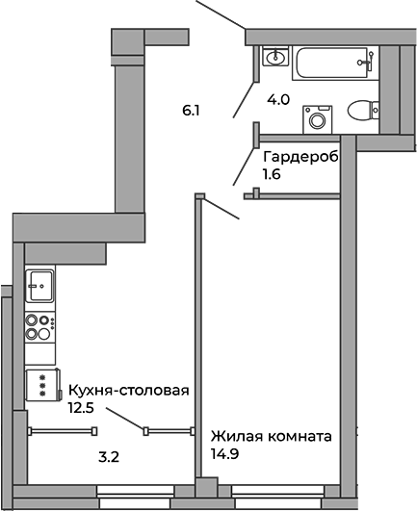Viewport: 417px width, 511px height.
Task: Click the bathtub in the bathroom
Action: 335,63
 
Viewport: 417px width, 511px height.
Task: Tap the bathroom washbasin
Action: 275,57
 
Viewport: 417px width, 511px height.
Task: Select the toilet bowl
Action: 363,110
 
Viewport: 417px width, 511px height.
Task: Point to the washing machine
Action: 318,119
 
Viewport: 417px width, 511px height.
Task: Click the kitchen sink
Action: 40,286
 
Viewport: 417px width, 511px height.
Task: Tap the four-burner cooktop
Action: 40,327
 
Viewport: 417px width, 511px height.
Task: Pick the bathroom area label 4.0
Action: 278,99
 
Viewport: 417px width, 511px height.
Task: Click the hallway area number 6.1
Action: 191,111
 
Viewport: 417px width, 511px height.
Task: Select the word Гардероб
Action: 300,157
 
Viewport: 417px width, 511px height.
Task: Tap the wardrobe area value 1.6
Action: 272,174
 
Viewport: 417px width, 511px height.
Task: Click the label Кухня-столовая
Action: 129,390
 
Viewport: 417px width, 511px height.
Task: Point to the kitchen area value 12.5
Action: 81,407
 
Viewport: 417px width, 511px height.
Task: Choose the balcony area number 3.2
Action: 109,457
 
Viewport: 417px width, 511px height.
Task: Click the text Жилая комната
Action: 272,436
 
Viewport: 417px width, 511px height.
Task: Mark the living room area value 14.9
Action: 224,453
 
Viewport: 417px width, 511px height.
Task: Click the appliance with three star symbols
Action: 42,385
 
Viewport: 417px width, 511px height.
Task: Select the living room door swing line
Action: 222,209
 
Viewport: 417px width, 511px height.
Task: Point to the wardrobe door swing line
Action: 244,166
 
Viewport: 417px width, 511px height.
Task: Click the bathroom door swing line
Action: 245,99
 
